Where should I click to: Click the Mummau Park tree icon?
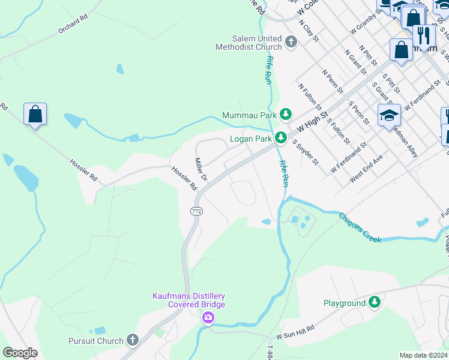pyautogui.click(x=286, y=115)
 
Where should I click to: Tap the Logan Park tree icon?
pyautogui.click(x=280, y=139)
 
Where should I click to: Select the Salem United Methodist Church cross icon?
pyautogui.click(x=291, y=42)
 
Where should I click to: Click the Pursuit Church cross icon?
pyautogui.click(x=133, y=340)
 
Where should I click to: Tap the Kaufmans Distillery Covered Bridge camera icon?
pyautogui.click(x=208, y=317)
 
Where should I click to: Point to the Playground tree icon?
pyautogui.click(x=375, y=302)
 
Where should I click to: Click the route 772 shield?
pyautogui.click(x=196, y=212)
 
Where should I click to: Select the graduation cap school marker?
pyautogui.click(x=389, y=115)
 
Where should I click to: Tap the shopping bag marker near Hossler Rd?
pyautogui.click(x=35, y=113)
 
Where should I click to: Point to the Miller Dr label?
pyautogui.click(x=201, y=170)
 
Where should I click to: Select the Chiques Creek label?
pyautogui.click(x=360, y=227)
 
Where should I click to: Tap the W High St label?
pyautogui.click(x=312, y=118)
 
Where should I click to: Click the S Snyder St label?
pyautogui.click(x=305, y=152)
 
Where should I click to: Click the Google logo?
pyautogui.click(x=20, y=352)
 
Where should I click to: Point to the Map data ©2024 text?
pyautogui.click(x=424, y=355)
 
